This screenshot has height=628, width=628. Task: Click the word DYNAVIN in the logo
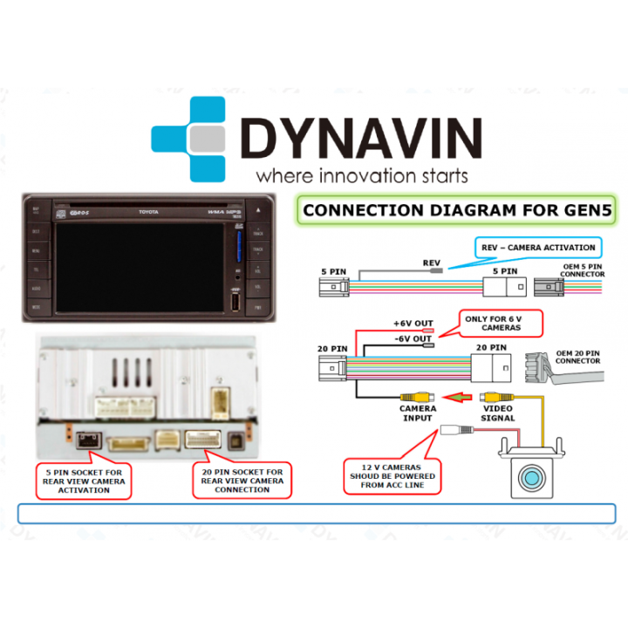tap(361, 138)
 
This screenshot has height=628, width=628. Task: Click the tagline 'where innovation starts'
tap(361, 174)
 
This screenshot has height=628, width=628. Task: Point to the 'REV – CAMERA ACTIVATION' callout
tap(538, 248)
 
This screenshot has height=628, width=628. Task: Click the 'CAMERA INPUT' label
tap(418, 413)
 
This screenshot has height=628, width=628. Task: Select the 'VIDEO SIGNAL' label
tap(498, 413)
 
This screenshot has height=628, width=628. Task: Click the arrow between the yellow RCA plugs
tap(454, 397)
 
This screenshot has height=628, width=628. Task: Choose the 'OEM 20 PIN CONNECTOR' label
tap(577, 357)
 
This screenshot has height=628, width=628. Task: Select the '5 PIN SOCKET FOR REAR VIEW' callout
tap(85, 481)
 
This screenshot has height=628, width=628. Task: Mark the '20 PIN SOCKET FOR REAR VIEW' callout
tap(242, 481)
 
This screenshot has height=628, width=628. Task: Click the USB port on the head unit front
tap(235, 302)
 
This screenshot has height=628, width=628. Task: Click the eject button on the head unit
tap(258, 210)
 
